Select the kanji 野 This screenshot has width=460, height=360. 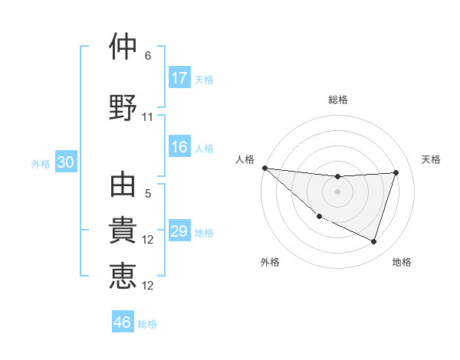tap(123, 106)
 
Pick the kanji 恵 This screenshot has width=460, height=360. tap(123, 276)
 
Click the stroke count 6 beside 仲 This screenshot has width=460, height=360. tap(148, 56)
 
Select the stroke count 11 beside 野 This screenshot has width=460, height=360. tap(148, 117)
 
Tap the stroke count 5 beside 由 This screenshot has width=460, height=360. tap(148, 195)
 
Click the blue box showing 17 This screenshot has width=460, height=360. tap(179, 78)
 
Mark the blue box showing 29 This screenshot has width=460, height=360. tap(179, 231)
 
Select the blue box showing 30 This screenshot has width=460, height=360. tap(66, 163)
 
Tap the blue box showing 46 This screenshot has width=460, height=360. tap(123, 322)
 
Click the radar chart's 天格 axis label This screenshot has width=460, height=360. tap(432, 159)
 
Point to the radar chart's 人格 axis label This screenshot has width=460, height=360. tap(245, 159)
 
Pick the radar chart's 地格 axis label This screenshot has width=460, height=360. tap(402, 263)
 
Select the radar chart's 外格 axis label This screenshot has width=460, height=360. tap(270, 263)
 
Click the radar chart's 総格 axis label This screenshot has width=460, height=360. tap(338, 100)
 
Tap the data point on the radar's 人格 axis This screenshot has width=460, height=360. tap(264, 168)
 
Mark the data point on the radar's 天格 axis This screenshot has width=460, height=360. tap(396, 172)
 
